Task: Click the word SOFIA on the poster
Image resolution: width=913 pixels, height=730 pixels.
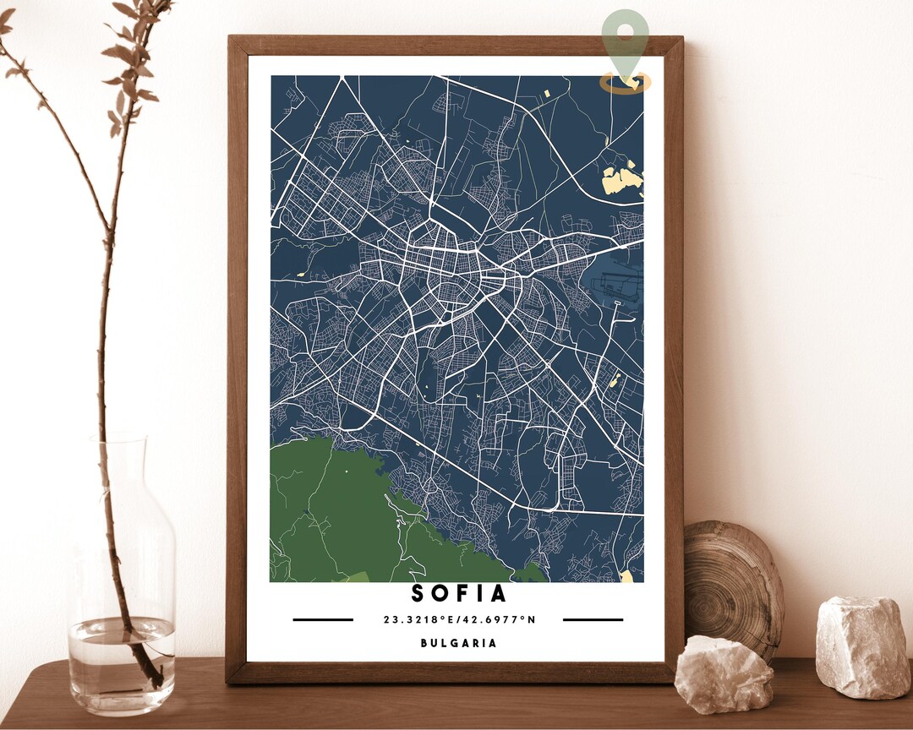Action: click(459, 594)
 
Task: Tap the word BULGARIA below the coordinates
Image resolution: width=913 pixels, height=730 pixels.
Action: click(459, 643)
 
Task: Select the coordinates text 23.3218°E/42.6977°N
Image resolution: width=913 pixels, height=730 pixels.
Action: click(459, 619)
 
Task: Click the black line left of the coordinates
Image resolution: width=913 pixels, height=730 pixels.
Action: click(323, 619)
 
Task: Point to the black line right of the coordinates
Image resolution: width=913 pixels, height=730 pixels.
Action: click(593, 619)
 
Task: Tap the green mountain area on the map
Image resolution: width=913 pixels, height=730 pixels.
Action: click(338, 515)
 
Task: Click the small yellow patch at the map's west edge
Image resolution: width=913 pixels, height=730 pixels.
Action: click(299, 274)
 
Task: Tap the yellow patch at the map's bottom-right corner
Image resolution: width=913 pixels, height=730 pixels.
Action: click(626, 576)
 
